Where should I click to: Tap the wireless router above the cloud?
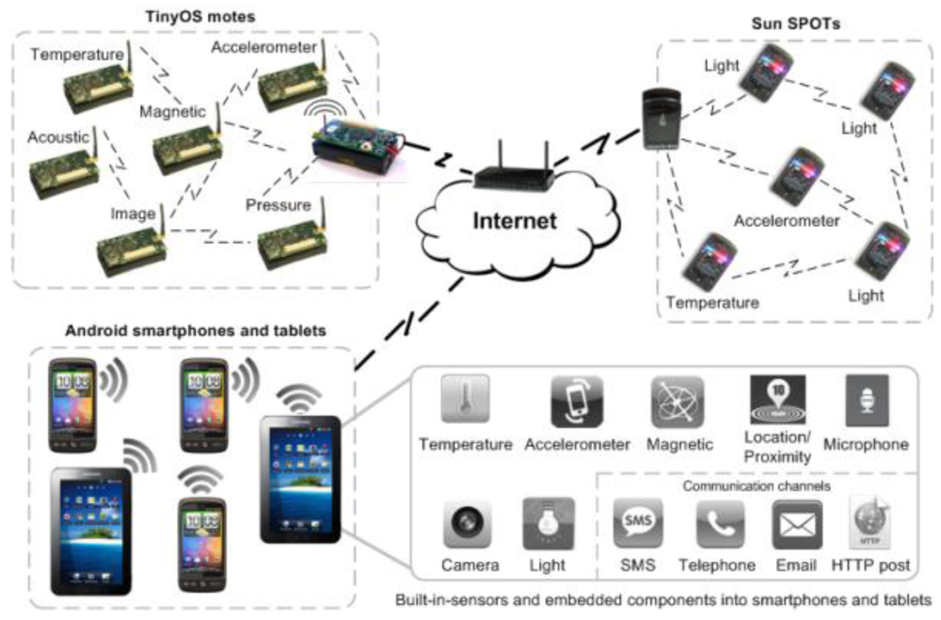[x=513, y=172]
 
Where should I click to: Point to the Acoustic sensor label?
[x=58, y=137]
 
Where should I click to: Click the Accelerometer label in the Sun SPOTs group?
[x=786, y=221]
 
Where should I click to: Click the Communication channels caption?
[x=756, y=486]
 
